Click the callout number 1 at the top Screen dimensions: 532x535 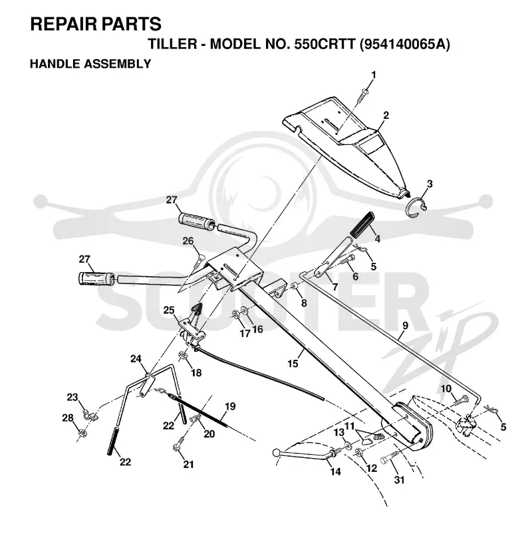[x=373, y=75]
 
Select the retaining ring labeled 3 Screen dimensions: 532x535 [x=416, y=208]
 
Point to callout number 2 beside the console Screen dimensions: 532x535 [x=386, y=115]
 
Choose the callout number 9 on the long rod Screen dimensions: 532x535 [x=406, y=325]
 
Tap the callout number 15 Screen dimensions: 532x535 [x=293, y=364]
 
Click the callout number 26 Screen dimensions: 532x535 [x=188, y=241]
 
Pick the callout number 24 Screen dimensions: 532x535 [x=136, y=358]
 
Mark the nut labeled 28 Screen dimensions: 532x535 [x=82, y=433]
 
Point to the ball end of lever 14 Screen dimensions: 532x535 [x=277, y=453]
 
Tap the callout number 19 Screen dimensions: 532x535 [x=230, y=406]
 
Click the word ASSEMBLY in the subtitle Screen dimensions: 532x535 [x=122, y=64]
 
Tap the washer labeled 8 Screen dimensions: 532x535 [x=294, y=285]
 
